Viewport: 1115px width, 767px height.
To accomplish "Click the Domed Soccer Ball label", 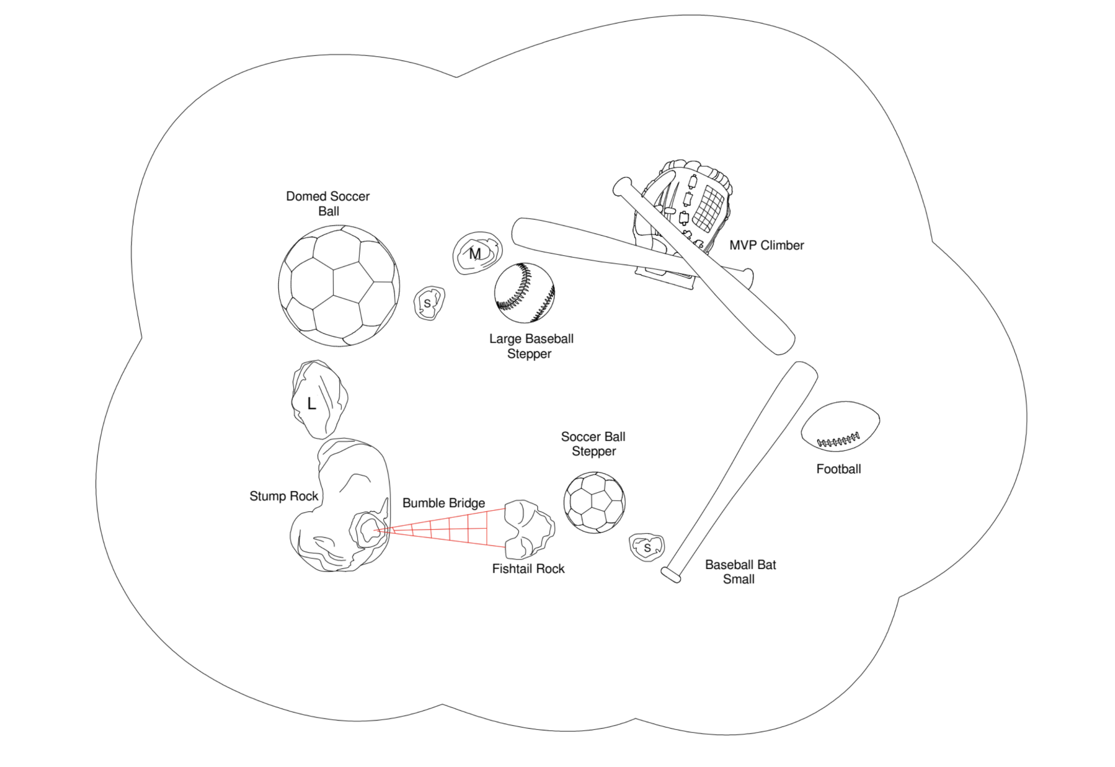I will (x=328, y=204).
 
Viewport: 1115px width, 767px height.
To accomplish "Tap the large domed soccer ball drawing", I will (x=338, y=286).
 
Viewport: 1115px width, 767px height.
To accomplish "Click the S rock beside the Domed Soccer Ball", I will (x=429, y=303).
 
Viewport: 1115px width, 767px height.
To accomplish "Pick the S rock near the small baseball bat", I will (x=647, y=547).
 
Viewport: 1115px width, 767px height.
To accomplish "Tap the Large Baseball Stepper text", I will (x=530, y=346).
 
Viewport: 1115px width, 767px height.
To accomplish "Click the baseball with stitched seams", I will (x=524, y=293).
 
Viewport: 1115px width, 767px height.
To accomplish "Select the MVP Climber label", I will (x=766, y=245).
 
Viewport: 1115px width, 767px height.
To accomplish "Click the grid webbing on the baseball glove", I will (x=708, y=207).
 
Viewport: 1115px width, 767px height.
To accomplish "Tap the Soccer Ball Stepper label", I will (x=593, y=443).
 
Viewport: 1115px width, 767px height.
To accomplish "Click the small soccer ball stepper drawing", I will (x=594, y=502).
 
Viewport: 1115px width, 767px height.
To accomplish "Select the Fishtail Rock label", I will (x=528, y=568).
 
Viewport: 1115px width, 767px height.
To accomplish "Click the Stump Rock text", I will (x=284, y=496).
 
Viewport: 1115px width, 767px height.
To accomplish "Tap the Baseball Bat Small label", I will (x=740, y=571).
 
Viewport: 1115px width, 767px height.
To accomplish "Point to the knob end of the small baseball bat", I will (x=670, y=575).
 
